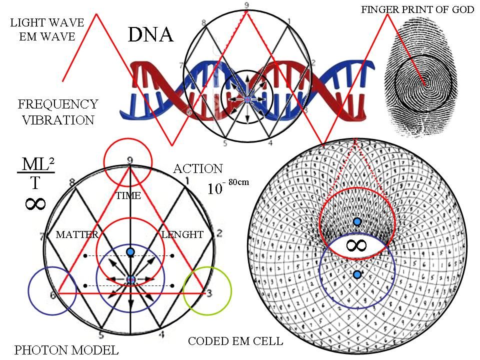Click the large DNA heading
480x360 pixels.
[x=150, y=34]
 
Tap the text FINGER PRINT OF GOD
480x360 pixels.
[x=417, y=9]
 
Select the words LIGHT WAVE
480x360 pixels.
[x=47, y=22]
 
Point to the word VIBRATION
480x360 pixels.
[x=58, y=120]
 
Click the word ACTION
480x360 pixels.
[x=197, y=169]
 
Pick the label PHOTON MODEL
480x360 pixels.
[x=66, y=349]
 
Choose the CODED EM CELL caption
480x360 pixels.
[x=235, y=341]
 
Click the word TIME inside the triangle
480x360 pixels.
[x=128, y=196]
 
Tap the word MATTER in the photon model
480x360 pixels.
[x=77, y=234]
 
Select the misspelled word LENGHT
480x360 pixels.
[x=182, y=234]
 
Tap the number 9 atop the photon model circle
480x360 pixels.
[x=130, y=160]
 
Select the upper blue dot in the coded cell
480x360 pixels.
[x=357, y=221]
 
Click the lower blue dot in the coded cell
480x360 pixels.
[x=357, y=274]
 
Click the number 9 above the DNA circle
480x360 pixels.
[x=246, y=5]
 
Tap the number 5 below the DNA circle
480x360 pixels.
[x=225, y=143]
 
